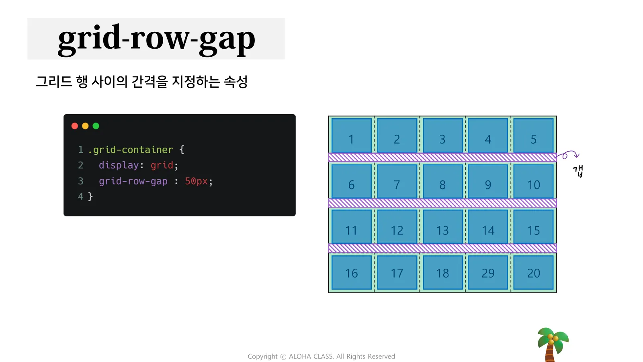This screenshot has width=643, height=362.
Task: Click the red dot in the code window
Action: (75, 126)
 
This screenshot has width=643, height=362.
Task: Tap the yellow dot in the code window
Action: (85, 126)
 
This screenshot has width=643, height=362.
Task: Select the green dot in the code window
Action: (96, 126)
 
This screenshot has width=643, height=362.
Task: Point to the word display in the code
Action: (119, 165)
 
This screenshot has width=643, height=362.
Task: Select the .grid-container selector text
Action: (131, 150)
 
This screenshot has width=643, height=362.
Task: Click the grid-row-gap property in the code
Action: (133, 181)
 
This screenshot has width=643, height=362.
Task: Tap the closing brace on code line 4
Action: (90, 197)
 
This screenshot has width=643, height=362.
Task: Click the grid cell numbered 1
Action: (351, 135)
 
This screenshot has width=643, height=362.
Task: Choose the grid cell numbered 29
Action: (488, 272)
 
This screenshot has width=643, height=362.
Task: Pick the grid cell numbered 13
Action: (442, 227)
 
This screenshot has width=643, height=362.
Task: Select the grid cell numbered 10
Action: (534, 181)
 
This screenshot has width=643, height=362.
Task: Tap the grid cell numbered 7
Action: (397, 181)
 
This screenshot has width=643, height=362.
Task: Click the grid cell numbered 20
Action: (534, 272)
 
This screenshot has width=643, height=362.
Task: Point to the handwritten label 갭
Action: (578, 171)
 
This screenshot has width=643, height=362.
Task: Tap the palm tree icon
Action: (553, 345)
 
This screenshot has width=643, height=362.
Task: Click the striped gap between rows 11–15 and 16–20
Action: (442, 248)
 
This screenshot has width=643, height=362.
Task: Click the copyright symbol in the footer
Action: (283, 356)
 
